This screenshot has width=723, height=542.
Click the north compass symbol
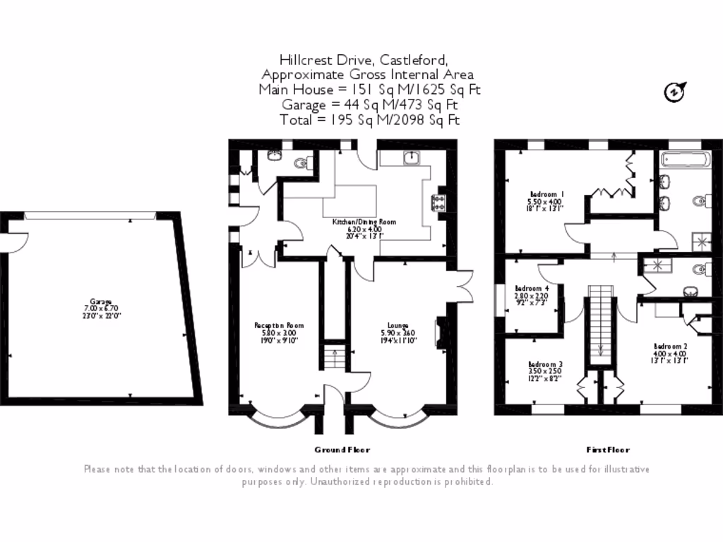(675, 91)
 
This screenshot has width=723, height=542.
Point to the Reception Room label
(279, 325)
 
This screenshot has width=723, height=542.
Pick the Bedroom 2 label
(670, 347)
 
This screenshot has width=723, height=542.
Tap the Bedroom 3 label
(546, 364)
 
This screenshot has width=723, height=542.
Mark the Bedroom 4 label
(532, 289)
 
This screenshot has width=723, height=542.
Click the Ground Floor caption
(342, 450)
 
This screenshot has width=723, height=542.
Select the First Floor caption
(608, 450)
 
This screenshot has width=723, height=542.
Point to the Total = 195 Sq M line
(369, 120)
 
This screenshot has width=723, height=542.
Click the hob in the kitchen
(438, 203)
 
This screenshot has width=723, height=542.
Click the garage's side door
(8, 242)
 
